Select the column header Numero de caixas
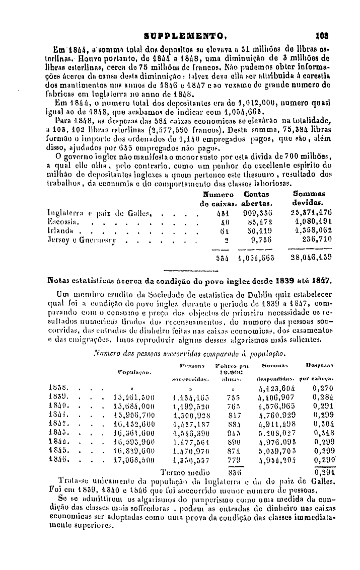pyautogui.click(x=219, y=198)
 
